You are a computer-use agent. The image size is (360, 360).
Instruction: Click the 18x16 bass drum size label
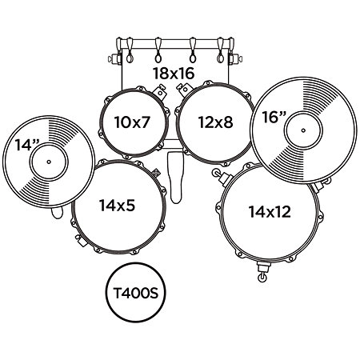tap(174, 74)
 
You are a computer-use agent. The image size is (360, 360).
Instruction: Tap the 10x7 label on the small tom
tap(132, 122)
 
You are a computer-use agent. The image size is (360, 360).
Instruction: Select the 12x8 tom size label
tap(215, 122)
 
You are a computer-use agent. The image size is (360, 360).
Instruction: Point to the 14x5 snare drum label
tap(118, 206)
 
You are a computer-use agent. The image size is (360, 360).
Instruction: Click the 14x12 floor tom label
tap(270, 212)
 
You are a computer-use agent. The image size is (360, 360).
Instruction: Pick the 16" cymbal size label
tap(274, 117)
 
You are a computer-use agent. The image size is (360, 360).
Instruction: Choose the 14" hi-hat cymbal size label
tap(27, 145)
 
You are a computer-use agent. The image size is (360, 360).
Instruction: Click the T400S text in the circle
tap(136, 293)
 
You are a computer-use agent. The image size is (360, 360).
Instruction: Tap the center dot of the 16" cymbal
tap(303, 130)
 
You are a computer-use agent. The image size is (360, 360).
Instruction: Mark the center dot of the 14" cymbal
tap(49, 162)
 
